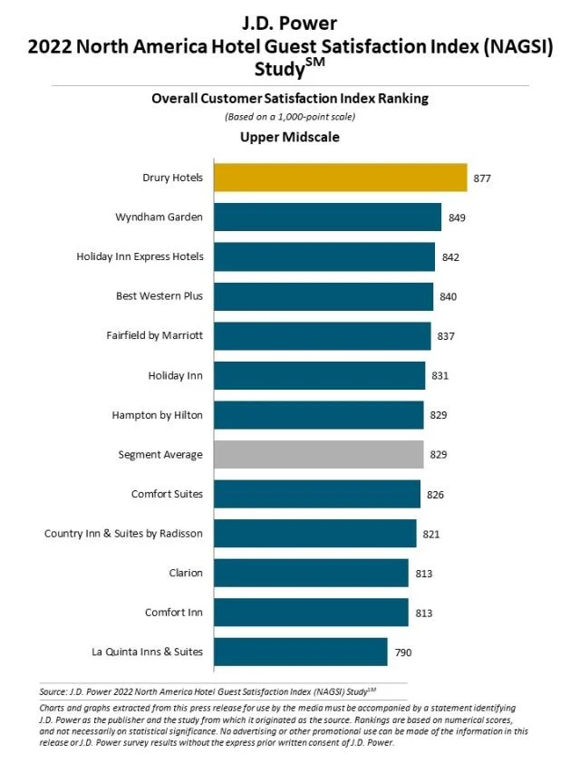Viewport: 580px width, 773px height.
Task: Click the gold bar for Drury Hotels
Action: pos(340,178)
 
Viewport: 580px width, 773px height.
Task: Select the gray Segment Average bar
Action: pos(318,454)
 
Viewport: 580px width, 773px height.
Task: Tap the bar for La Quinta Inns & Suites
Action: pos(300,652)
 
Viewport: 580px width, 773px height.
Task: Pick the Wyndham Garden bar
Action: pos(327,217)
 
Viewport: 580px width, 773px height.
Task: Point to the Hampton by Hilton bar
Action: pos(318,415)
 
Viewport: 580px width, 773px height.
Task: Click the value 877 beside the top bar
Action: pos(481,179)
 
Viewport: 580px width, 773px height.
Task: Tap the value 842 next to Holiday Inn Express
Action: pos(450,257)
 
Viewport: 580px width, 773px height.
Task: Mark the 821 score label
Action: pos(430,534)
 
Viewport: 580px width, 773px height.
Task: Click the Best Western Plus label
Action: pos(159,296)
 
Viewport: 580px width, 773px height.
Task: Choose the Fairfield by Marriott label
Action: pos(155,335)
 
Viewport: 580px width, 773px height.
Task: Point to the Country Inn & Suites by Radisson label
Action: pos(123,533)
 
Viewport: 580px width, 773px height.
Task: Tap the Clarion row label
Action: pos(185,573)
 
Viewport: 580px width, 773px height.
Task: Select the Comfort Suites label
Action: pos(167,494)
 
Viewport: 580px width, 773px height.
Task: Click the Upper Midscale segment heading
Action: pos(289,137)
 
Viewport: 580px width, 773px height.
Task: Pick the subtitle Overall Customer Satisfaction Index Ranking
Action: pos(289,99)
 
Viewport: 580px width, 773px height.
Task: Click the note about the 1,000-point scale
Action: pos(289,117)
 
